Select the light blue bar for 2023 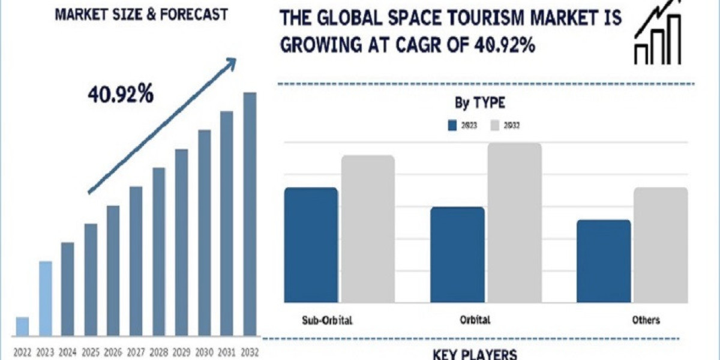pos(46,298)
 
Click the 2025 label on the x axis pos(91,352)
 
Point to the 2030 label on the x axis pos(204,352)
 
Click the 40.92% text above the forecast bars pos(120,94)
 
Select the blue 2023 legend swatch pos(452,125)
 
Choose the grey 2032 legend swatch pos(496,125)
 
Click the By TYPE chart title pos(479,103)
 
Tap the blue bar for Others pos(604,260)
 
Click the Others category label pos(645,320)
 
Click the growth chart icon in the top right pos(658,33)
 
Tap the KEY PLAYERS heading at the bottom pos(475,354)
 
